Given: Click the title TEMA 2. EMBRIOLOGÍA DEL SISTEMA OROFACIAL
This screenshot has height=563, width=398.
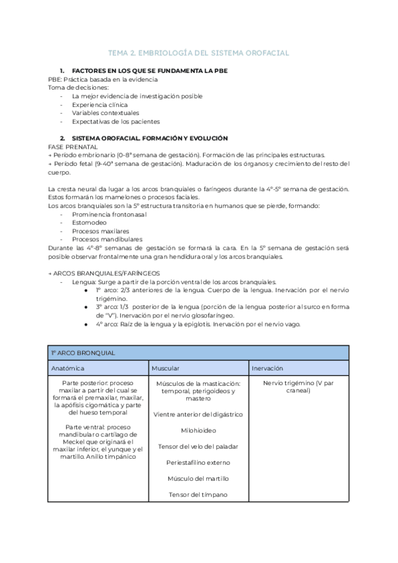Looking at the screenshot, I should tap(198, 52).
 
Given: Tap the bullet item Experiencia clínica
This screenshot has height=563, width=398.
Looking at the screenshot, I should tap(100, 105).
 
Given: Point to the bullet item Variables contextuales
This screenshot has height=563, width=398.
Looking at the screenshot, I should tap(105, 113).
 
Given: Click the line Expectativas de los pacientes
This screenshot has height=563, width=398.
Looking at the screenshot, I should tap(115, 121).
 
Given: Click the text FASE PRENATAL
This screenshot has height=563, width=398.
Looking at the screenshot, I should tap(73, 146).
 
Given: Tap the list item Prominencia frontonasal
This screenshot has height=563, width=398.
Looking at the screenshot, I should tap(109, 214).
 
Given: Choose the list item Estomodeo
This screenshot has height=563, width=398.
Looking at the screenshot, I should tap(92, 223).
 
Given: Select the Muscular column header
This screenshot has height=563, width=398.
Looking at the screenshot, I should tap(165, 367).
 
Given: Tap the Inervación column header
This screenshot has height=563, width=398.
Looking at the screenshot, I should tap(267, 367).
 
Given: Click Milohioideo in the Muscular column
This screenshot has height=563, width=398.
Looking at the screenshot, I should tap(198, 430).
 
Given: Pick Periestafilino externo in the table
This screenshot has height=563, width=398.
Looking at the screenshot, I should tap(198, 462).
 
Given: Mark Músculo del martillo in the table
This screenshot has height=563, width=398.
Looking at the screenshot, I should tap(198, 478).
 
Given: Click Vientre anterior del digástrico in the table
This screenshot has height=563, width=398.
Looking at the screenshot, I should tap(198, 414).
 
